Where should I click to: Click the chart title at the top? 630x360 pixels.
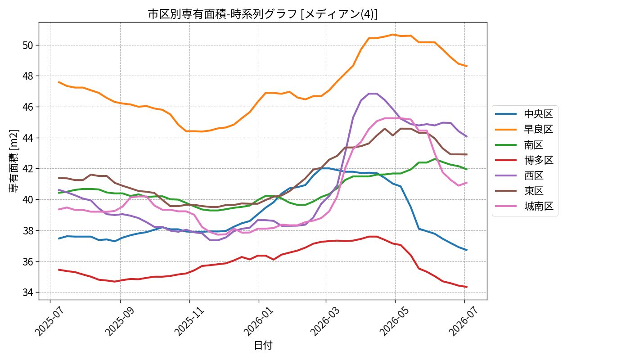click(263, 14)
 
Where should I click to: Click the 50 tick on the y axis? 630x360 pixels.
click(28, 45)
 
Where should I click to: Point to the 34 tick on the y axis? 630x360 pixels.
click(28, 292)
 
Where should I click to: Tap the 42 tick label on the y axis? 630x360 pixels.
click(28, 169)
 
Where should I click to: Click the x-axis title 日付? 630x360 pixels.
click(263, 345)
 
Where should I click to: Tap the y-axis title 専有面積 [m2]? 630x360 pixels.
click(14, 161)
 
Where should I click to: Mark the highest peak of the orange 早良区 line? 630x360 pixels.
click(392, 35)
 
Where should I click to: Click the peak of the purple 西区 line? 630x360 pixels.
click(373, 94)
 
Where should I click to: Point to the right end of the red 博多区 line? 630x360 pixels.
click(467, 287)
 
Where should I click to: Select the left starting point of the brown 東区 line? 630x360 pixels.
click(58, 178)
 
